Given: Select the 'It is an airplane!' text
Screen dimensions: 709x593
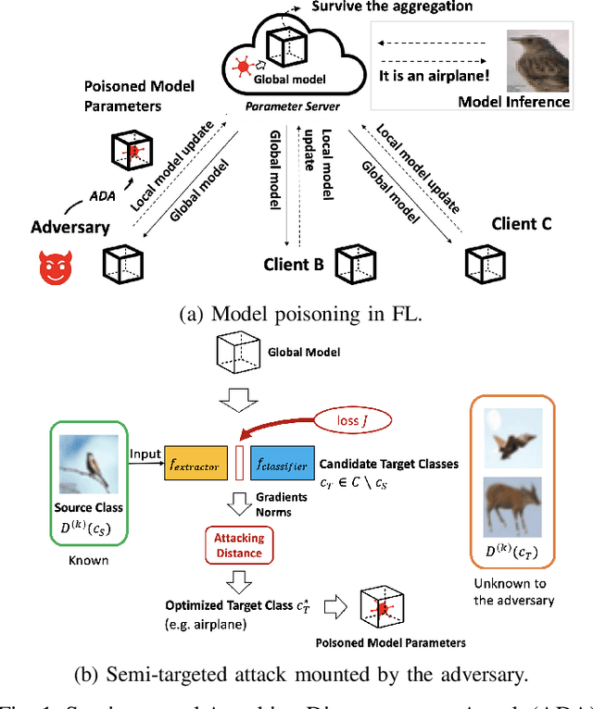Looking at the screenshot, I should (434, 78).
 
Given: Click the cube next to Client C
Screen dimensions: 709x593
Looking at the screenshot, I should (482, 265).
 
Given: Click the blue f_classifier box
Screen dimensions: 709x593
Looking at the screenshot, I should (281, 466).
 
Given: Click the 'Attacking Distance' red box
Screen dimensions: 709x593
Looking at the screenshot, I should (240, 544).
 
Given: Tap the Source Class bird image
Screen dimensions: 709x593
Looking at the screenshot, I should (88, 465).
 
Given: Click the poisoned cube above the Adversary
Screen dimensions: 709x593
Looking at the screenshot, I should (133, 150).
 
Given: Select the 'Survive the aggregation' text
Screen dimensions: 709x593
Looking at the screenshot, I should (392, 7).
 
